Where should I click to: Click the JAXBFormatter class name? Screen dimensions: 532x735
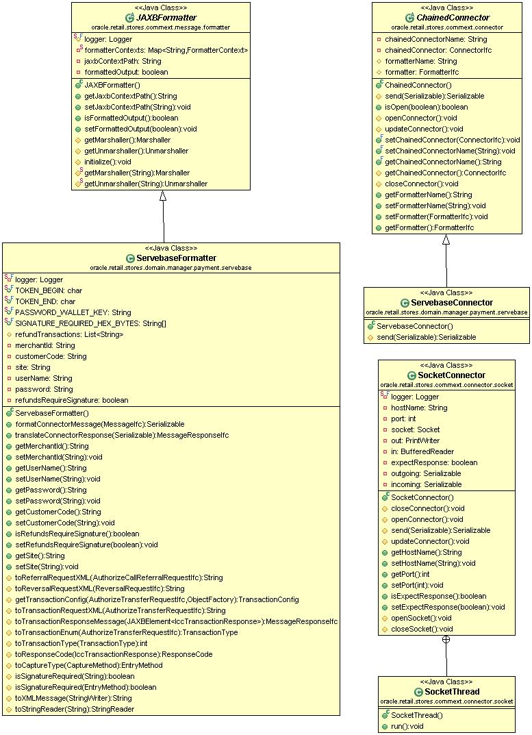pyautogui.click(x=166, y=18)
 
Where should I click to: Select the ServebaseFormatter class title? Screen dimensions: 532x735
pyautogui.click(x=176, y=258)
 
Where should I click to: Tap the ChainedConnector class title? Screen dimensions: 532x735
pyautogui.click(x=453, y=18)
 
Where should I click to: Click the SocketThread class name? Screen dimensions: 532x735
pyautogui.click(x=452, y=692)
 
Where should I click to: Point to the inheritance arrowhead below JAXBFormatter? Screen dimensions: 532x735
pyautogui.click(x=163, y=195)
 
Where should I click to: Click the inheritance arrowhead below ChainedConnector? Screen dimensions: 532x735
pyautogui.click(x=446, y=240)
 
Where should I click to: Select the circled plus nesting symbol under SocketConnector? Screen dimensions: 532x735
pyautogui.click(x=446, y=639)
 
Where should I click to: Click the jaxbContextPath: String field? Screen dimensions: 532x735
pyautogui.click(x=123, y=62)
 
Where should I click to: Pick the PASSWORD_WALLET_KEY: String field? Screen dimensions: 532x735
pyautogui.click(x=73, y=312)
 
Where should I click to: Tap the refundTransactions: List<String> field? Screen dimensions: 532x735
pyautogui.click(x=69, y=335)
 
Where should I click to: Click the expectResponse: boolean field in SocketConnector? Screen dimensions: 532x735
pyautogui.click(x=434, y=462)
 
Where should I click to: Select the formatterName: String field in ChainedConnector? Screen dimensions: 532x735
pyautogui.click(x=421, y=62)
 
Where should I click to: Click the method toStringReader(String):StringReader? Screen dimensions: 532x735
pyautogui.click(x=75, y=709)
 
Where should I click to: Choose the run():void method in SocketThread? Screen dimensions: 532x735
pyautogui.click(x=407, y=727)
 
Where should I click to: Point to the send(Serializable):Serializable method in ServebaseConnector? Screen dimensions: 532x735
pyautogui.click(x=426, y=338)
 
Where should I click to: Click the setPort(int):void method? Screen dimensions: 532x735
pyautogui.click(x=417, y=586)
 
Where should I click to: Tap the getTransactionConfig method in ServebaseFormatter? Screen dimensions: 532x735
pyautogui.click(x=157, y=599)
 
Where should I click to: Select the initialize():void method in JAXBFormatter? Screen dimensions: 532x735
pyautogui.click(x=107, y=162)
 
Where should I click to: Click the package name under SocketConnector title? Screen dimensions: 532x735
pyautogui.click(x=446, y=386)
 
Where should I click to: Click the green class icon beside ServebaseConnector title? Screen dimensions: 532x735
pyautogui.click(x=405, y=303)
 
